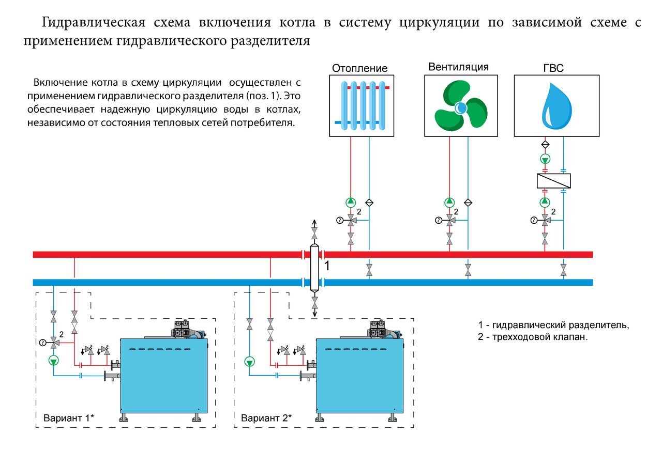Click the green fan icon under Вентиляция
point(460,106)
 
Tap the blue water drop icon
point(556,106)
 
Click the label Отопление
point(359,68)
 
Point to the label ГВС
point(553,68)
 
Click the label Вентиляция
point(458,67)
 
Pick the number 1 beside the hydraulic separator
point(326,266)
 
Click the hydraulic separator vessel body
point(314,268)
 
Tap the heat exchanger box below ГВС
point(553,181)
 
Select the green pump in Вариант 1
point(53,361)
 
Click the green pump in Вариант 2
point(249,362)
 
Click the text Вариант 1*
point(69,417)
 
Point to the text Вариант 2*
point(266,417)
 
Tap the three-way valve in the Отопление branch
point(351,220)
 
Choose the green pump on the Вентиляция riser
point(449,202)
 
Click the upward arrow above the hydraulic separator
point(314,223)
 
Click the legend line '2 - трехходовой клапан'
point(533,337)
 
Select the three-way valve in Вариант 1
point(53,343)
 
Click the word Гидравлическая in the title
point(94,22)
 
